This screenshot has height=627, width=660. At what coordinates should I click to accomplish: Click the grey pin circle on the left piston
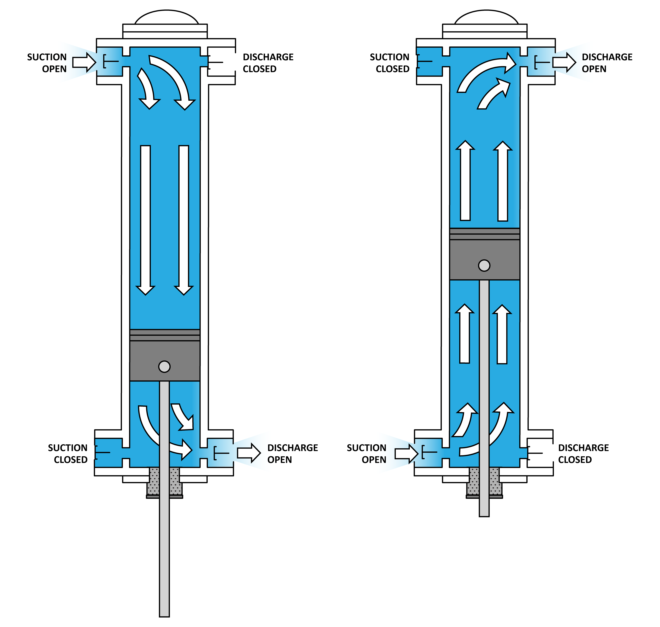164,367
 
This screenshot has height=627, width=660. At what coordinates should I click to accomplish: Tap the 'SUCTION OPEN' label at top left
47,63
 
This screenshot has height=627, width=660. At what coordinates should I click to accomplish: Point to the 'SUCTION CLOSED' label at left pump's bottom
68,454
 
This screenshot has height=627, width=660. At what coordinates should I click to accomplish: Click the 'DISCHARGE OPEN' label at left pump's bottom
292,454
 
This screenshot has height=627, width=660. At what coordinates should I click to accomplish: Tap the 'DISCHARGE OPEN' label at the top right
607,63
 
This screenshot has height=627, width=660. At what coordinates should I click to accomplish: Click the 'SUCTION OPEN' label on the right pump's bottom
367,454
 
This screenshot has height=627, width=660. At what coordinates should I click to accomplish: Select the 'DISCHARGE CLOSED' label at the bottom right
583,454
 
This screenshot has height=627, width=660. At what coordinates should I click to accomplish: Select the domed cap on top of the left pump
166,17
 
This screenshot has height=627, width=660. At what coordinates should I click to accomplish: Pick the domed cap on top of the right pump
486,17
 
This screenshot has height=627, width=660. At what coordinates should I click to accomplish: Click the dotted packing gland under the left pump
154,481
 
